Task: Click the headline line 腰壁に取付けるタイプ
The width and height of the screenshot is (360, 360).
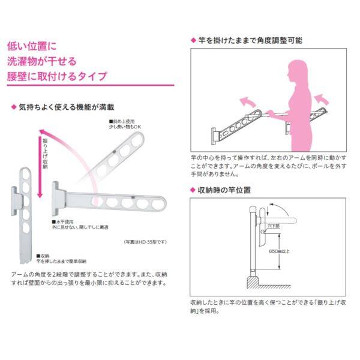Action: coord(57,76)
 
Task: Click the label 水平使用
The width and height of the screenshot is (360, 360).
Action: coord(66,222)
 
